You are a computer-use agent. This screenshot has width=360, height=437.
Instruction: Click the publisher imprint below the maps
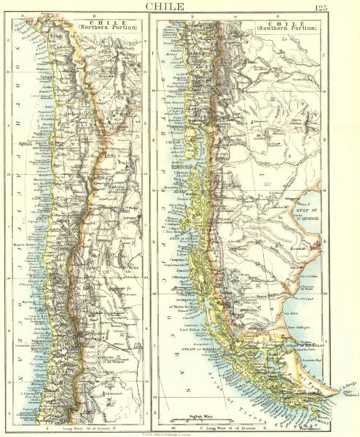180,432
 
